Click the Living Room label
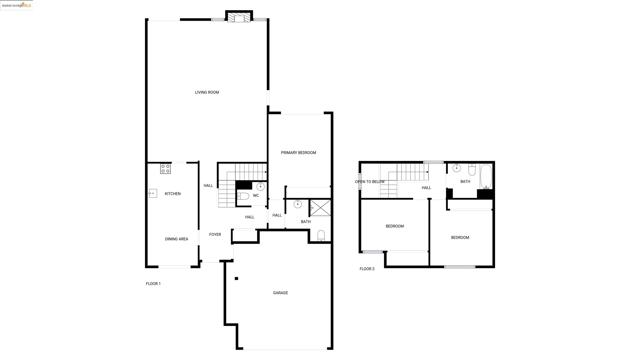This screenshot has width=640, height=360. [x=207, y=92]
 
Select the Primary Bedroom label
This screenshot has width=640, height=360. [x=298, y=152]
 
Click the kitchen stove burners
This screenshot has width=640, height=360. [x=165, y=169]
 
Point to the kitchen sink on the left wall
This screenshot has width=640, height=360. [x=153, y=193]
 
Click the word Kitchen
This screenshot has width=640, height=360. [x=173, y=193]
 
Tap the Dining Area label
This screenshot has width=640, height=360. [x=176, y=239]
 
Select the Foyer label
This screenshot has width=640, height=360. [x=215, y=234]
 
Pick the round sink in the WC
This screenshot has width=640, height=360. [x=260, y=186]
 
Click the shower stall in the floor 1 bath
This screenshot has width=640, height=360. [x=320, y=208]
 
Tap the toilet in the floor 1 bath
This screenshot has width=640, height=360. [x=321, y=235]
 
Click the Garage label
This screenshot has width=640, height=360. [x=281, y=292]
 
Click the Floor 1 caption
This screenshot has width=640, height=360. [x=153, y=284]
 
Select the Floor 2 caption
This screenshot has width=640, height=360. [x=367, y=268]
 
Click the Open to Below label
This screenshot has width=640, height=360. [x=370, y=182]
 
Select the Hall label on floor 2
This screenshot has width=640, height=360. [x=426, y=187]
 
